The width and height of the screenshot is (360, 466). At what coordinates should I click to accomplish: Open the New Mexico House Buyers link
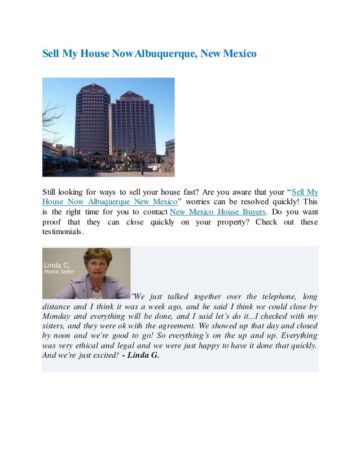point(217,212)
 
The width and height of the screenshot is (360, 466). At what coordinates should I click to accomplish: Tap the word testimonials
point(62,232)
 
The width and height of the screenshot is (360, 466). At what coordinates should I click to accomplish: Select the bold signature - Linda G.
point(141,355)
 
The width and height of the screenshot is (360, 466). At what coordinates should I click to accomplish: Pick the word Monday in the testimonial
point(56,316)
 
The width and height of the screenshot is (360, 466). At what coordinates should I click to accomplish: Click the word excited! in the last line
point(103,355)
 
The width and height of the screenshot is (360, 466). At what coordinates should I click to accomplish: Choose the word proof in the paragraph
point(54,222)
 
